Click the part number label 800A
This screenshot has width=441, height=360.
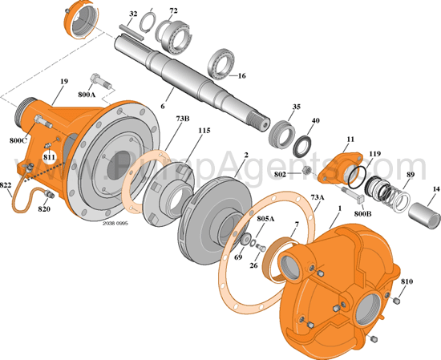pos(87,94)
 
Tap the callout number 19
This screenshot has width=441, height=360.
pos(63,82)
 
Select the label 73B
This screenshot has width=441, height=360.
pos(181,119)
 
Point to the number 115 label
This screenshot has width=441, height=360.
pos(204,131)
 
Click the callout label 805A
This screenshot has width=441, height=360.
pos(265,218)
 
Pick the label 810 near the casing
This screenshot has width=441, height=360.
pos(407,282)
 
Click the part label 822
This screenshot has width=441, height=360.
pos(7,184)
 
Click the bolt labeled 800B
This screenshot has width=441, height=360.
pos(353,194)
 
